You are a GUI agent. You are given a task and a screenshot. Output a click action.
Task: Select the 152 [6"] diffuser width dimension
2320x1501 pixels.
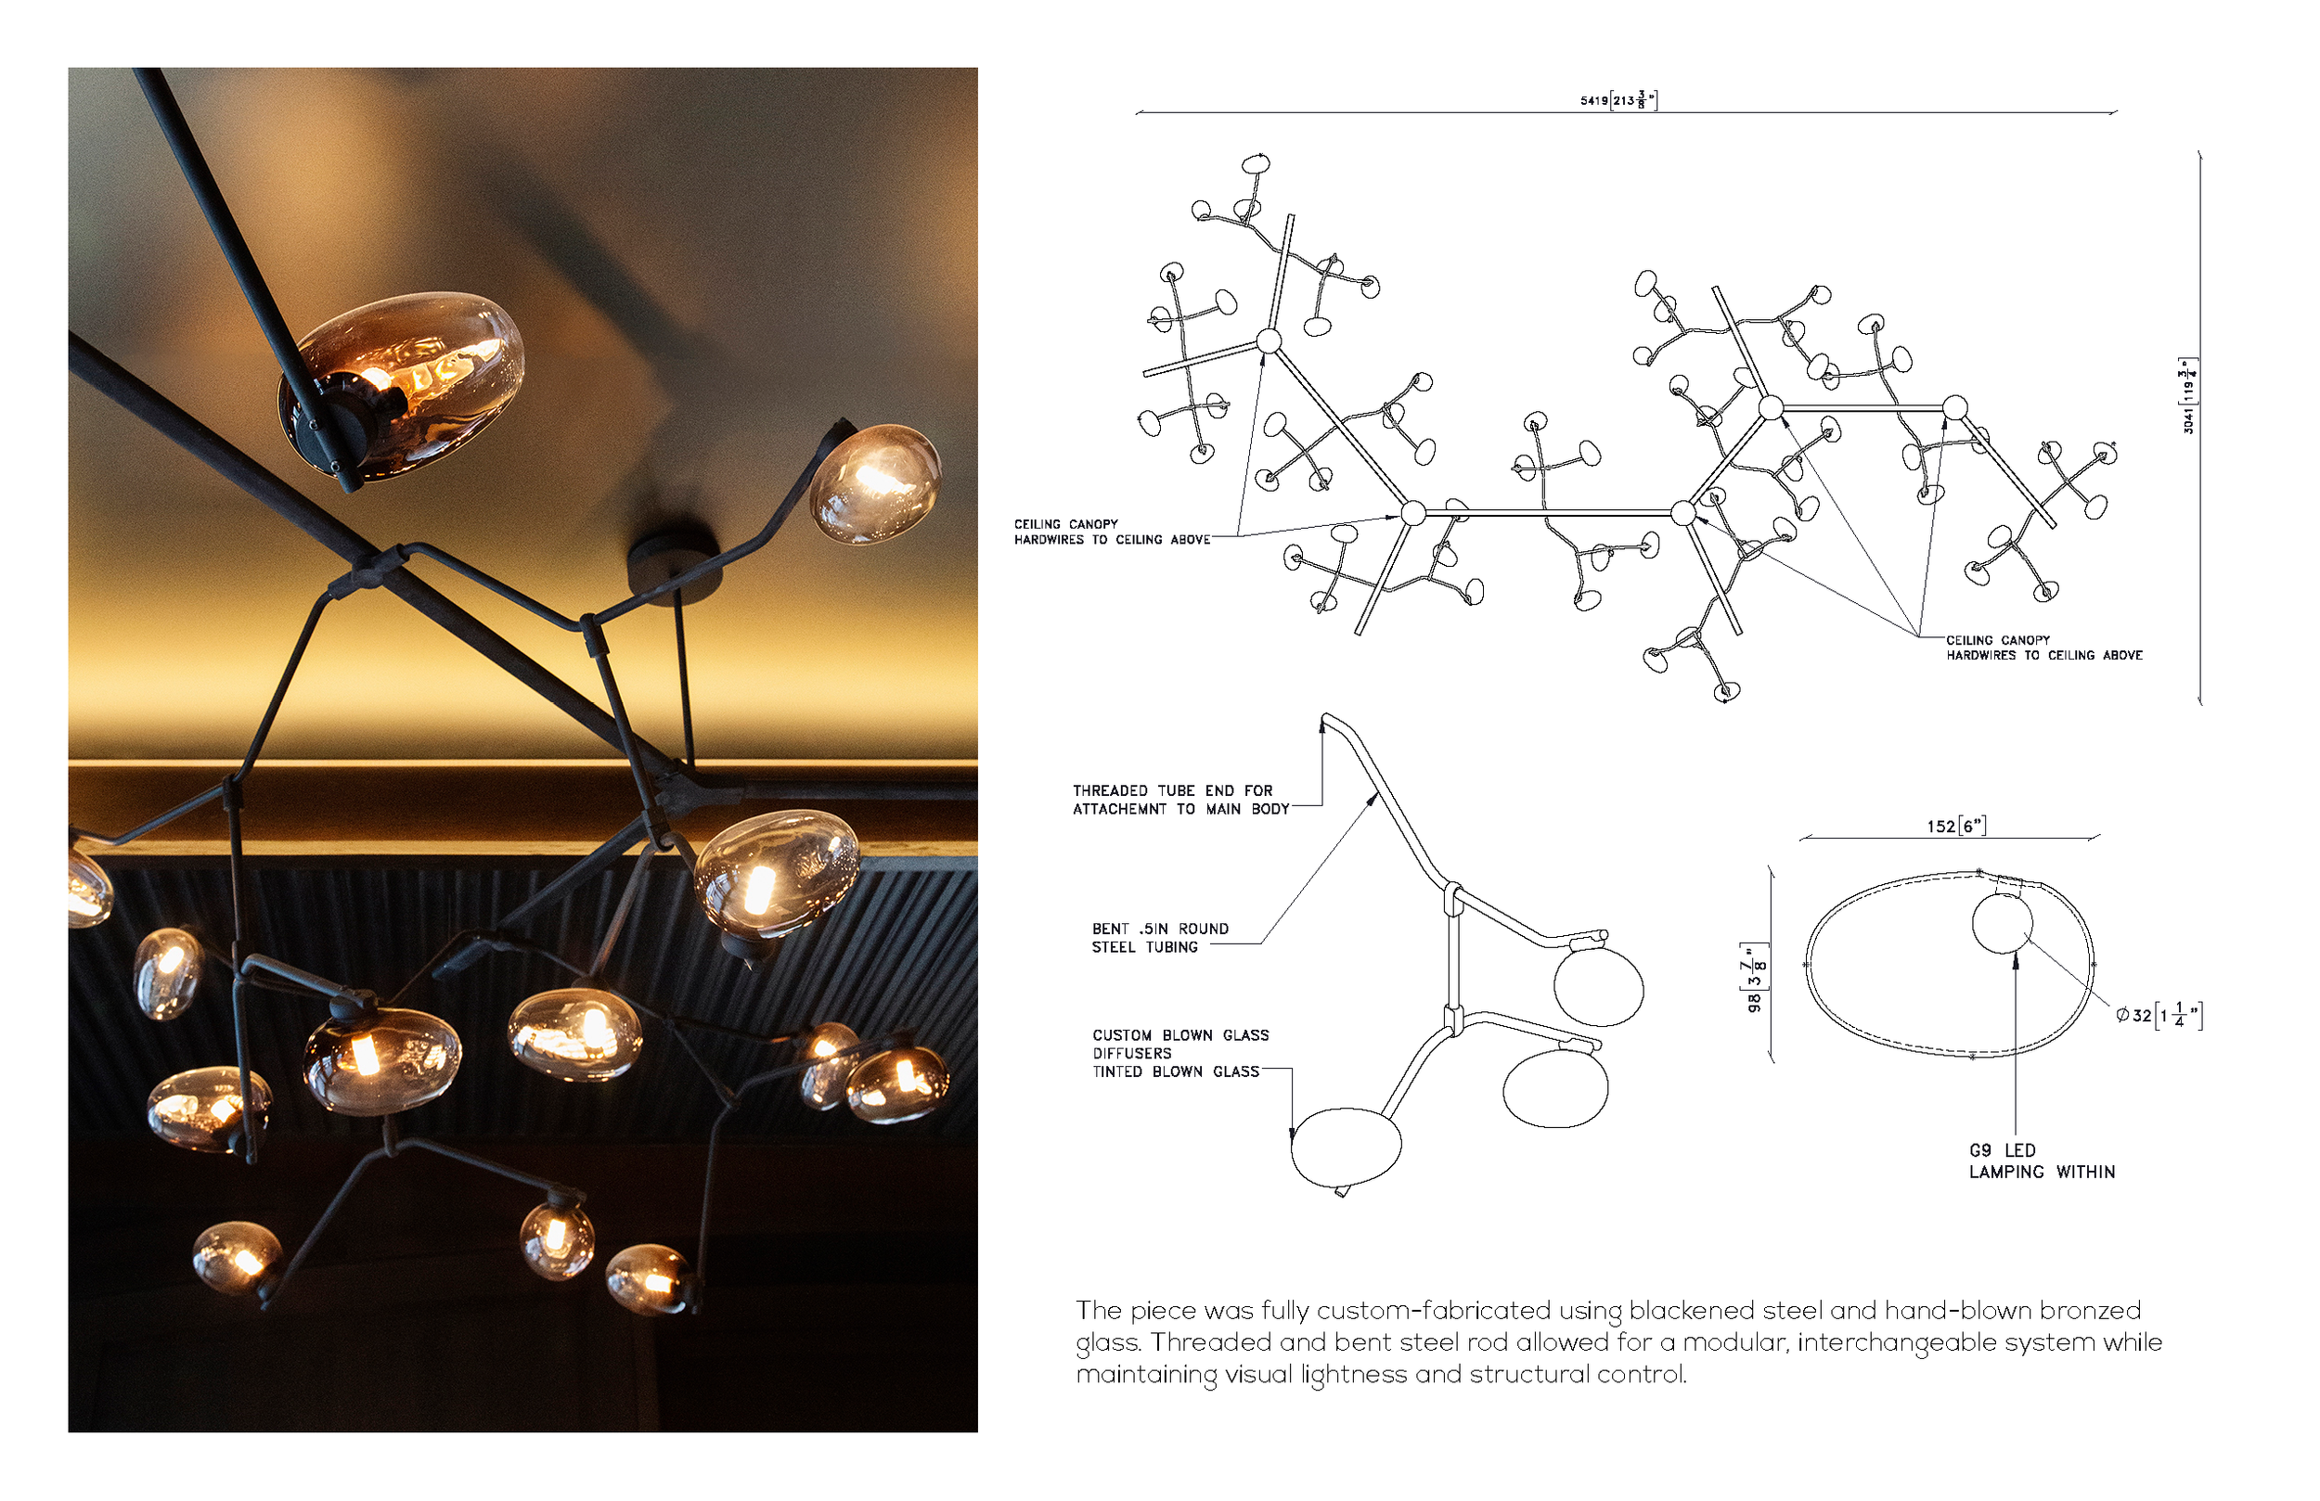coord(1955,827)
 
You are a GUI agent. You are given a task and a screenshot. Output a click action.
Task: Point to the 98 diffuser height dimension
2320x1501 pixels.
coord(1756,979)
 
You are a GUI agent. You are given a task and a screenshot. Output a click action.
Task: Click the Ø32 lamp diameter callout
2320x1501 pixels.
coord(2158,1016)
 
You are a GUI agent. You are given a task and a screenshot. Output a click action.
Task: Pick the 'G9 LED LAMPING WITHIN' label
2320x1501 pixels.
coord(2042,1161)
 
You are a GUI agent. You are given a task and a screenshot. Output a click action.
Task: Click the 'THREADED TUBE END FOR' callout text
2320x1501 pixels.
coord(1173,790)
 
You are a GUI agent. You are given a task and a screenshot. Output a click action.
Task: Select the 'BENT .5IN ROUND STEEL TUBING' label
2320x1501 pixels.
coord(1159,938)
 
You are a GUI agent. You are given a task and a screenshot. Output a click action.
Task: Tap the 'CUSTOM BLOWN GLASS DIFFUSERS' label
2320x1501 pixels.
coord(1179,1044)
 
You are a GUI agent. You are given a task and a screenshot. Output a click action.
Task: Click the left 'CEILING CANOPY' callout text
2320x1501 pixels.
coord(1065,524)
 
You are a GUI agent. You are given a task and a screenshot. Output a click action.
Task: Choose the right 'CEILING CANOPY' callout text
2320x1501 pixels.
coord(1997,640)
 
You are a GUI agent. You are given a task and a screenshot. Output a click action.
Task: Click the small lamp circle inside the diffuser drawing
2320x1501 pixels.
coord(2002,923)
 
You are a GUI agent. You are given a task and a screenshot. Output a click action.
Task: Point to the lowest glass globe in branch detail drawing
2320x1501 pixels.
coord(1346,1148)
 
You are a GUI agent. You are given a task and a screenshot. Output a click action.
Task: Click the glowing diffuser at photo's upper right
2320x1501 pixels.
coord(874,483)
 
